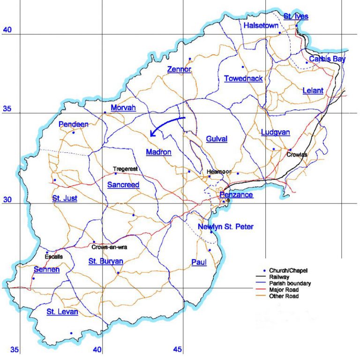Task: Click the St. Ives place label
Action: click(296, 16)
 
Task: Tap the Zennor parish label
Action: click(180, 70)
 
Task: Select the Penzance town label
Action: click(237, 195)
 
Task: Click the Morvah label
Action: click(123, 108)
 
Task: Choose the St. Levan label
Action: click(62, 312)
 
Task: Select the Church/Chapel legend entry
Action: click(291, 271)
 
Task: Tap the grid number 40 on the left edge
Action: click(7, 30)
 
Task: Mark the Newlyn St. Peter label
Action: click(225, 227)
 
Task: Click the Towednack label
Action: click(243, 78)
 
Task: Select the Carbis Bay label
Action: click(327, 59)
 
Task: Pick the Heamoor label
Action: click(219, 172)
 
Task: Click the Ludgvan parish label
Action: click(275, 133)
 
